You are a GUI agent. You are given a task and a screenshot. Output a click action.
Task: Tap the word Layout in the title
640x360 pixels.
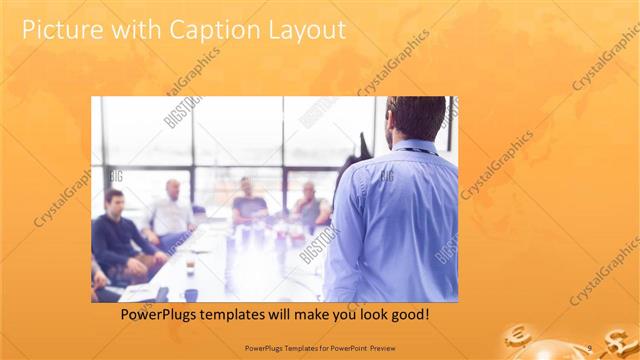click(x=305, y=30)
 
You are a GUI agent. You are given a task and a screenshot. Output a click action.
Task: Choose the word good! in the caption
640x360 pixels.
click(x=409, y=314)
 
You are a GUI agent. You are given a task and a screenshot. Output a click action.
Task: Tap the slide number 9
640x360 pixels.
click(x=590, y=347)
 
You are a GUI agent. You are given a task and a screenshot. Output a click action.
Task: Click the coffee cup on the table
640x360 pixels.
click(x=189, y=268)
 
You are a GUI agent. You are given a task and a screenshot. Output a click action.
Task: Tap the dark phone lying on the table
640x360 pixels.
click(x=162, y=294)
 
